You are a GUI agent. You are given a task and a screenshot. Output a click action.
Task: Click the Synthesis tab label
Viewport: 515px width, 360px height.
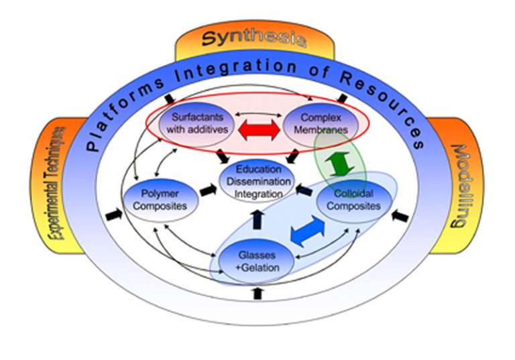tap(253, 39)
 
